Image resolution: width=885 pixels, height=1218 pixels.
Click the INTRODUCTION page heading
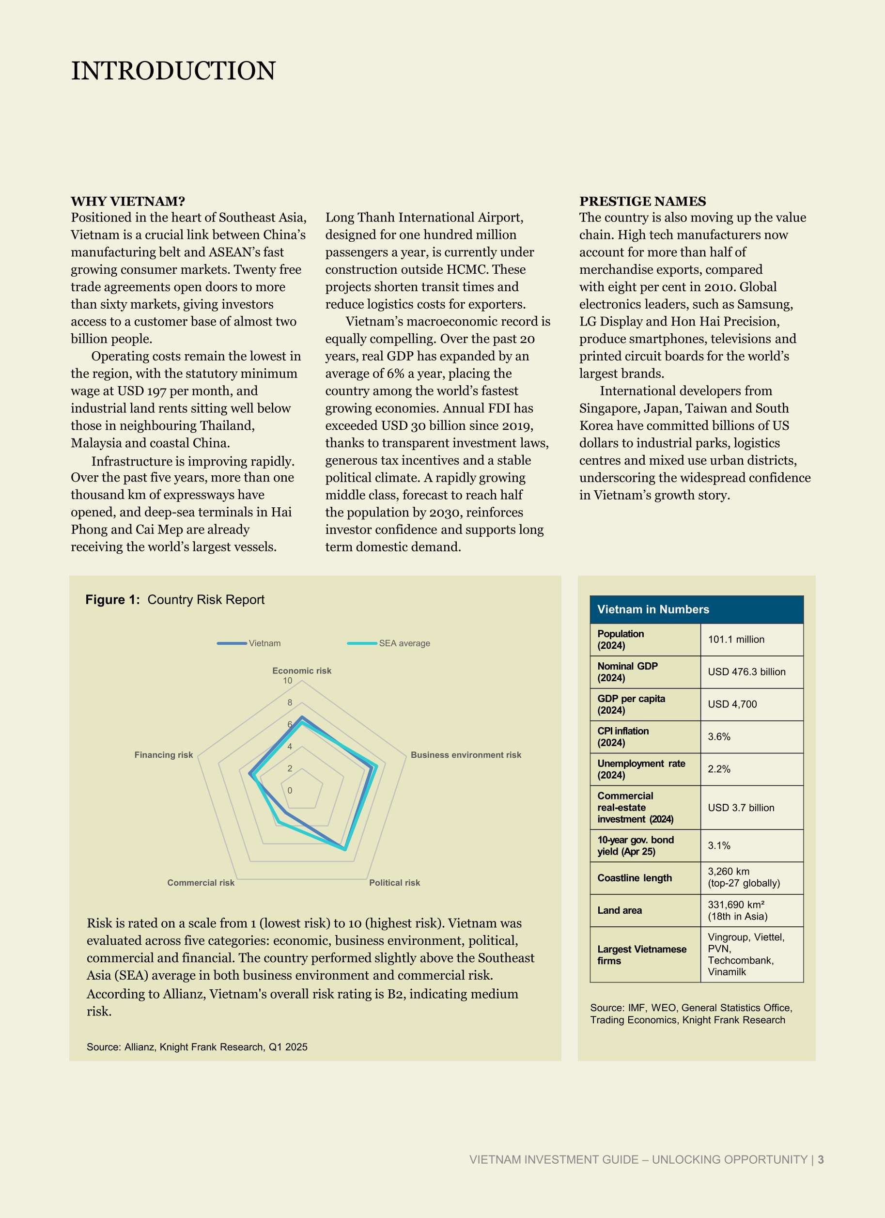[173, 71]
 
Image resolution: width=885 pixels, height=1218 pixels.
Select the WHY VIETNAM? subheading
[128, 202]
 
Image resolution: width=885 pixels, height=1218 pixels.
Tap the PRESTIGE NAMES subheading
[642, 202]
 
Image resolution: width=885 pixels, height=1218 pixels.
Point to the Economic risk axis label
[302, 671]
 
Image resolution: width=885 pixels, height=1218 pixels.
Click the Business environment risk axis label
[466, 755]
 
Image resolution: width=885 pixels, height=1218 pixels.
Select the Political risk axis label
[394, 883]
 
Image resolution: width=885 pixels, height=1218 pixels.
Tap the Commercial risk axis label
[201, 883]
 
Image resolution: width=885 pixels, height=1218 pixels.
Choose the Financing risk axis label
[163, 755]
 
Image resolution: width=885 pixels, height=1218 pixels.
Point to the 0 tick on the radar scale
[290, 791]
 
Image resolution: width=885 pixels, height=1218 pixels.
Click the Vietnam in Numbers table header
[653, 609]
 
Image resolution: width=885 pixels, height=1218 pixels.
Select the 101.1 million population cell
[736, 640]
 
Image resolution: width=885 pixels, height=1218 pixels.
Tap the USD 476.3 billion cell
[746, 672]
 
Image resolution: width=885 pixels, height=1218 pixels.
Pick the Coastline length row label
[634, 878]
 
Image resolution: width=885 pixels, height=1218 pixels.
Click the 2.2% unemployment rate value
[719, 769]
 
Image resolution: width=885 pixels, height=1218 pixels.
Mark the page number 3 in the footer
[821, 1159]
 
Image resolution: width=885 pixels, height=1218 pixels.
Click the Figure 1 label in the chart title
[112, 600]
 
